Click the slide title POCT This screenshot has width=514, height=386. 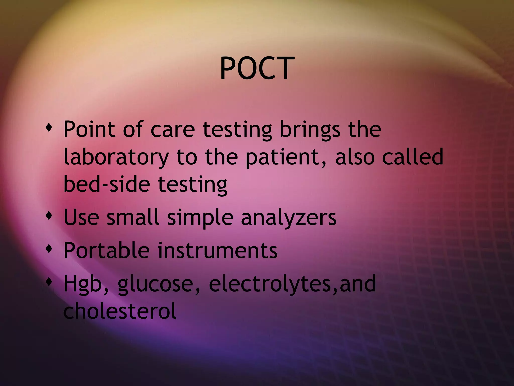click(x=257, y=68)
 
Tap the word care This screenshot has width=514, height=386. click(x=173, y=130)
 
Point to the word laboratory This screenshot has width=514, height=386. click(x=116, y=157)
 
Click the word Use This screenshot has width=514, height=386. click(x=81, y=217)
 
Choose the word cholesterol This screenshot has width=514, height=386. click(x=120, y=311)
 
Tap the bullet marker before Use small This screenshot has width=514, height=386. click(x=49, y=215)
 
